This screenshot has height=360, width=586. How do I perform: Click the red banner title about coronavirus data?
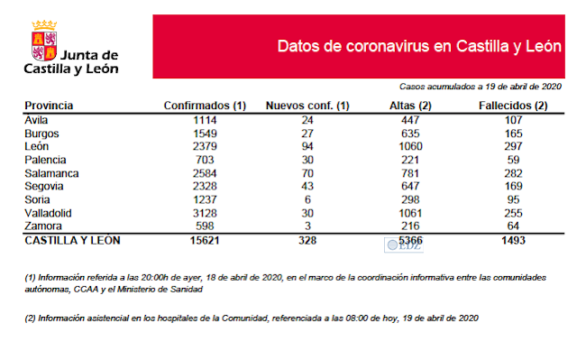tap(419, 46)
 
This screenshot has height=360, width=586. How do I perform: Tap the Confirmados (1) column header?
tap(205, 106)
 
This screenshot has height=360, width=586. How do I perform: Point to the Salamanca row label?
tap(52, 172)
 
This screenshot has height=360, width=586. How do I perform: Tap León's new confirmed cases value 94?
tap(307, 146)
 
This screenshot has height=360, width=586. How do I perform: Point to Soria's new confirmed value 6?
tap(307, 199)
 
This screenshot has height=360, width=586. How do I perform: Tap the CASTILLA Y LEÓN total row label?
tap(72, 241)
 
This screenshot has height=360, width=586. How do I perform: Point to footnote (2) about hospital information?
tap(252, 318)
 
